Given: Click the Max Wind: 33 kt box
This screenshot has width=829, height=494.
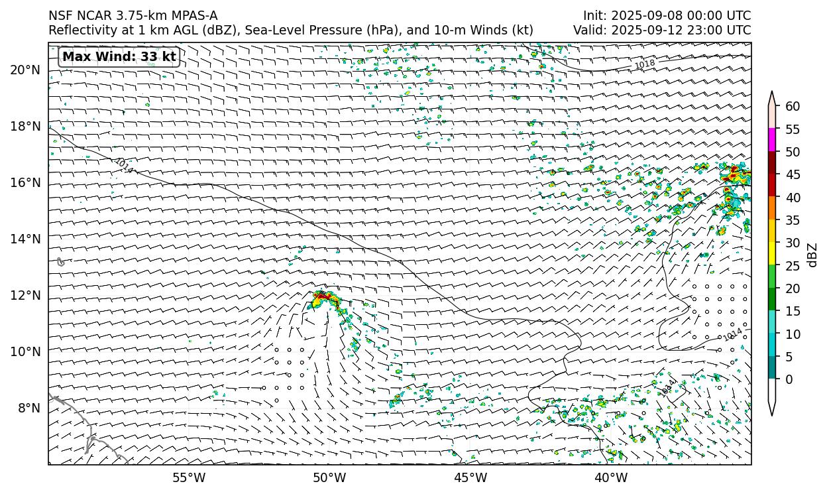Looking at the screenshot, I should tap(119, 57).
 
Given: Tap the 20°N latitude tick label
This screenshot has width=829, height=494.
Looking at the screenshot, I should tap(25, 70).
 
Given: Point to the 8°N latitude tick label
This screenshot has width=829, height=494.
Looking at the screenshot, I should tap(28, 408).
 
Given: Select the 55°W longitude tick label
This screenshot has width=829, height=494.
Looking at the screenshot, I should tap(189, 477).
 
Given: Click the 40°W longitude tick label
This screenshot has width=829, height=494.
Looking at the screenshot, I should tap(611, 477).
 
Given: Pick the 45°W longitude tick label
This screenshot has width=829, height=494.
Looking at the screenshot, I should tap(470, 477).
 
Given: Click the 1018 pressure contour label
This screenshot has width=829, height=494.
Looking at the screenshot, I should tap(645, 64).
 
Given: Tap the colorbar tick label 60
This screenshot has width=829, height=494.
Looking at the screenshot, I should tap(793, 107).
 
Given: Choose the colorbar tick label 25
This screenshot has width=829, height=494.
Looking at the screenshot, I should tap(793, 266).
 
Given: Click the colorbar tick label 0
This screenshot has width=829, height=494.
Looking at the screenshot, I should tap(789, 379).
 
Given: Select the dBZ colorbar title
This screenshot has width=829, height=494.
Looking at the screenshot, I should tap(813, 255).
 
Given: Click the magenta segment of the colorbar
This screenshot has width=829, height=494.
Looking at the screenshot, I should tap(772, 140).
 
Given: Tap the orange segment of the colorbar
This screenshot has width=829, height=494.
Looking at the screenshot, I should tap(772, 208).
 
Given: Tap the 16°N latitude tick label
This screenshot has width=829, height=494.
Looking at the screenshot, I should tap(25, 182).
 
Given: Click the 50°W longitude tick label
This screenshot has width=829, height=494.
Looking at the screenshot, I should tap(329, 477).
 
